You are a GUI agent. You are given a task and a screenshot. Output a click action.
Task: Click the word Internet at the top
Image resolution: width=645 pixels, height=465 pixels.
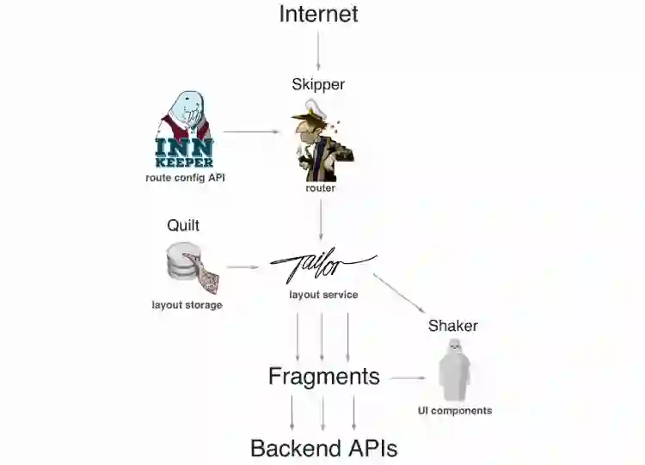coord(319,14)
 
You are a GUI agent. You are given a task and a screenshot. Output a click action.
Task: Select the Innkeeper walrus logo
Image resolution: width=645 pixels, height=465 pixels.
coord(185,129)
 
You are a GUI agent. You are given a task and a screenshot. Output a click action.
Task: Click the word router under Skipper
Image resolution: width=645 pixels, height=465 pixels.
coord(320,187)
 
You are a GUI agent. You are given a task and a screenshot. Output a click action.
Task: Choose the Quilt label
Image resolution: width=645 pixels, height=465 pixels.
coord(183,225)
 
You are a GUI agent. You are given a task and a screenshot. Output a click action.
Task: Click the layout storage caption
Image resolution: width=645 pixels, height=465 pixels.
coord(187,304)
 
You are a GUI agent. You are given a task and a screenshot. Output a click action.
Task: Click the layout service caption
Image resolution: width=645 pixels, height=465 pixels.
coord(323,295)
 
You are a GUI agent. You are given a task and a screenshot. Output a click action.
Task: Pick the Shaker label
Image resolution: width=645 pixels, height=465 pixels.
coord(453,326)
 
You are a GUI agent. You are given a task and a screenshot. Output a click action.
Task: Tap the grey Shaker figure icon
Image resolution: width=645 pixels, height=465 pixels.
coord(454,370)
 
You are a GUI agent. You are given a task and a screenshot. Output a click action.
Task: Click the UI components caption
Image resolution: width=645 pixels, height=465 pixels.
coord(455,411)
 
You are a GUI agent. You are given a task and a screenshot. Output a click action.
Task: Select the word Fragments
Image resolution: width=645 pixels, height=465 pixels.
coord(323,376)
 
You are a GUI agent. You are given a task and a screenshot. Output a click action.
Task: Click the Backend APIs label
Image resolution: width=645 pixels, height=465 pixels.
coord(323,448)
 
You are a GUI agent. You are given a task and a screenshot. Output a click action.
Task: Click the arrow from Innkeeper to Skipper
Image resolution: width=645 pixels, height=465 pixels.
coord(251,132)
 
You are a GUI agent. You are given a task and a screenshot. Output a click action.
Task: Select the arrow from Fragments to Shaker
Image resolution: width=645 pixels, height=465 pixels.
coord(408,377)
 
